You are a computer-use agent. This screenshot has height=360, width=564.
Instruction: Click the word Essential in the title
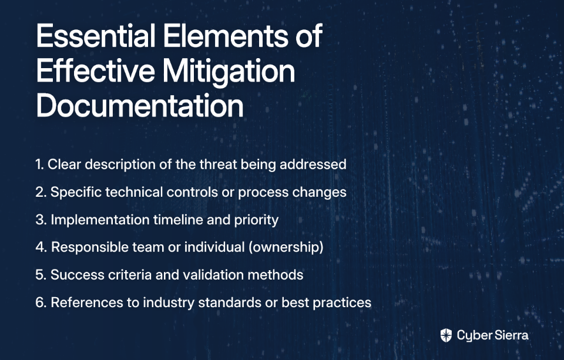click(x=96, y=36)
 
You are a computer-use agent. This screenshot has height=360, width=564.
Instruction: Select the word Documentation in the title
click(x=140, y=106)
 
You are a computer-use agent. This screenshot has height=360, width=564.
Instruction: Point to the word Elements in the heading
click(x=226, y=36)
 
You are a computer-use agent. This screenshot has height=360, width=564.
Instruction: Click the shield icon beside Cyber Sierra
click(x=446, y=335)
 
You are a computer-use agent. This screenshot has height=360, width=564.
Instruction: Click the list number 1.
click(x=39, y=164)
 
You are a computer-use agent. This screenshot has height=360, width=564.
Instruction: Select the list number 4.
click(x=41, y=247)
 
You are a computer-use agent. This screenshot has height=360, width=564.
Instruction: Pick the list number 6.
click(x=41, y=302)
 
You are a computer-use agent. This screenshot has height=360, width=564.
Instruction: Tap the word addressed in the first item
click(x=313, y=164)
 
